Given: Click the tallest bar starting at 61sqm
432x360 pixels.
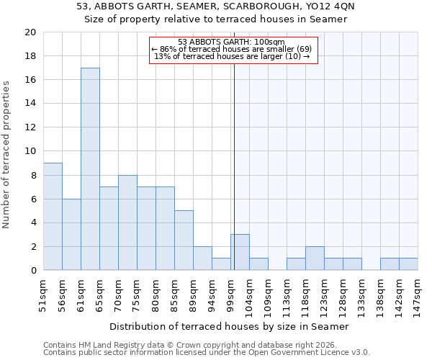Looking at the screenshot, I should tap(90, 169).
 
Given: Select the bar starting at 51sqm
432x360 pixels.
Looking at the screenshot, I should tap(53, 217).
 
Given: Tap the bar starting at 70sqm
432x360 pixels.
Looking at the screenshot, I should tap(127, 222).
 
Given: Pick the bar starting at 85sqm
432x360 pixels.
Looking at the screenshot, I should tap(184, 240).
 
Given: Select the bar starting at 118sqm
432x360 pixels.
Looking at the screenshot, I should tap(315, 258).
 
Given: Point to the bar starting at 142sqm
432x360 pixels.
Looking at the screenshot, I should tap(408, 264).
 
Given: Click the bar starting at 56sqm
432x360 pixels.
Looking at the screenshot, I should tap(71, 235).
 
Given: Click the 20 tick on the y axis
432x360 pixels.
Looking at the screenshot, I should tap(30, 32).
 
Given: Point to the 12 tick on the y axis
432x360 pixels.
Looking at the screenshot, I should tap(30, 127).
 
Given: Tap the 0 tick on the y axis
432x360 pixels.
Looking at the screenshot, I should tap(32, 271).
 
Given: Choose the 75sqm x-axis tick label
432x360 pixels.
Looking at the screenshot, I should tap(137, 292).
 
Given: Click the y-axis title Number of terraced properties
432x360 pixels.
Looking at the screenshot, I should tap(6, 155).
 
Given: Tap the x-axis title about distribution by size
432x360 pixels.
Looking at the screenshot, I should tap(230, 327).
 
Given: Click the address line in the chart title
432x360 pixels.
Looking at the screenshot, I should tap(216, 6).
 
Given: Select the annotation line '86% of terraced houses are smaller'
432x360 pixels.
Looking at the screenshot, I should tap(233, 49).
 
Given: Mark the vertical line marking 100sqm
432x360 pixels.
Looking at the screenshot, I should tap(234, 180).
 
